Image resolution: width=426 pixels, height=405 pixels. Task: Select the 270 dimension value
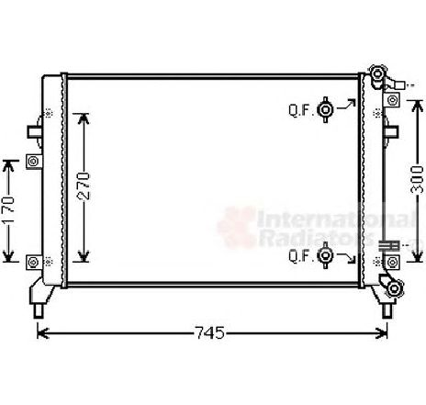click(84, 186)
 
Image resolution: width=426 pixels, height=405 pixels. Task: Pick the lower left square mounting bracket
click(34, 263)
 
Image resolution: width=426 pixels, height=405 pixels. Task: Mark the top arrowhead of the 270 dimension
click(84, 117)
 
